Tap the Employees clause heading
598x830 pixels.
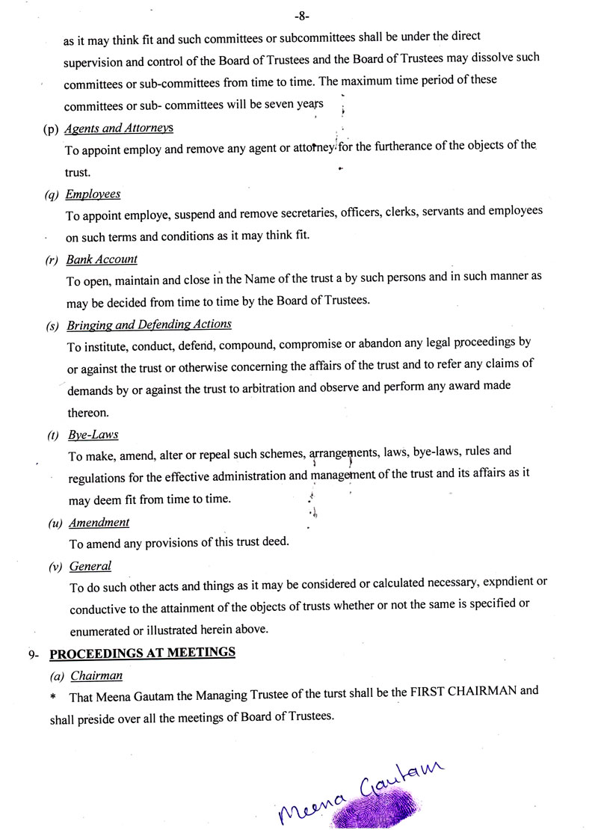pyautogui.click(x=93, y=194)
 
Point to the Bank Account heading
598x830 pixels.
pyautogui.click(x=102, y=259)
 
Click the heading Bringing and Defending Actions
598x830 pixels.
pyautogui.click(x=149, y=325)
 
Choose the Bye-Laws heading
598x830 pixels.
pyautogui.click(x=93, y=434)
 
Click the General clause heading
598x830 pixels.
pyautogui.click(x=90, y=566)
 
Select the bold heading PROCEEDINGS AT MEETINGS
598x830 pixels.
pyautogui.click(x=142, y=653)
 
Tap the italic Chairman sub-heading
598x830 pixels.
pyautogui.click(x=96, y=676)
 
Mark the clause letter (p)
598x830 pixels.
pyautogui.click(x=52, y=129)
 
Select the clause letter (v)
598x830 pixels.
pyautogui.click(x=55, y=568)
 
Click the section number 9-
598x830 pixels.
pyautogui.click(x=34, y=655)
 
